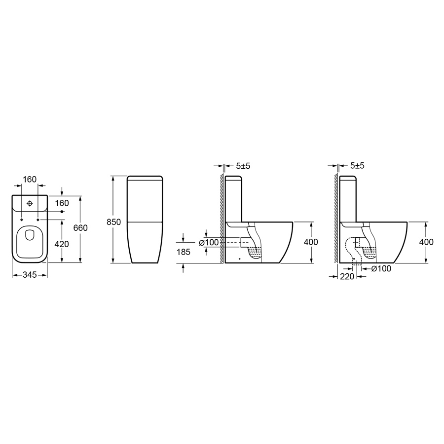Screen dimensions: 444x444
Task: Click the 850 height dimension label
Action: (x=113, y=222)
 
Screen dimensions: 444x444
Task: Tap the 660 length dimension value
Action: (x=80, y=227)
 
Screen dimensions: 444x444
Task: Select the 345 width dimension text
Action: (x=30, y=275)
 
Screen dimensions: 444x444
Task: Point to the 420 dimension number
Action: (x=62, y=244)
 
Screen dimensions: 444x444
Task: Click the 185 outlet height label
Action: (x=184, y=252)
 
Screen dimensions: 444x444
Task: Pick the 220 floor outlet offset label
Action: (x=347, y=276)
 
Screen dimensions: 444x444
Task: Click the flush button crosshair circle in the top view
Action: (x=30, y=203)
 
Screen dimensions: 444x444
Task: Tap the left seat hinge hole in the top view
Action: (x=22, y=220)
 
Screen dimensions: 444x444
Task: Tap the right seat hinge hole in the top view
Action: (x=37, y=220)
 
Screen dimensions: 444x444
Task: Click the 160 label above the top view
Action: (x=30, y=179)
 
